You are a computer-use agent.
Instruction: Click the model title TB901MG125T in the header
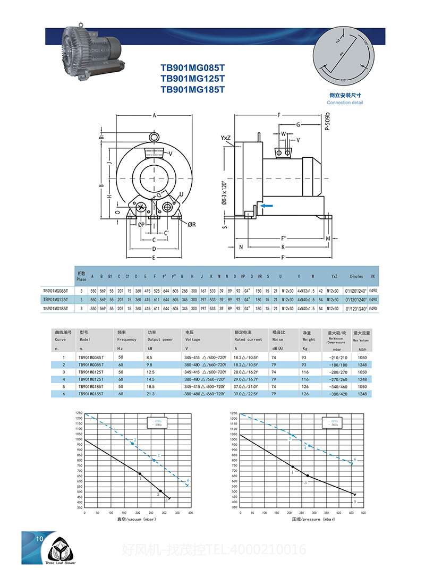click(x=193, y=79)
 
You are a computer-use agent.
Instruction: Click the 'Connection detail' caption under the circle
click(x=345, y=103)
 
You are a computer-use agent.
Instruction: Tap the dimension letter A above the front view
click(x=154, y=115)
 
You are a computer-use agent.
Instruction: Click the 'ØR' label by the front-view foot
click(x=191, y=224)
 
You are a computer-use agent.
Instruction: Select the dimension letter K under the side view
click(x=284, y=247)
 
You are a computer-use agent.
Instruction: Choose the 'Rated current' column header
click(x=248, y=340)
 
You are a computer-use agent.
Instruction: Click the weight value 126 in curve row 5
click(x=304, y=386)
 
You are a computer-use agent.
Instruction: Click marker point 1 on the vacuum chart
click(x=140, y=473)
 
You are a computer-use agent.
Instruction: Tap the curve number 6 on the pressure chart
click(x=355, y=460)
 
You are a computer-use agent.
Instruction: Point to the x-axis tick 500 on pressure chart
click(x=363, y=512)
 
